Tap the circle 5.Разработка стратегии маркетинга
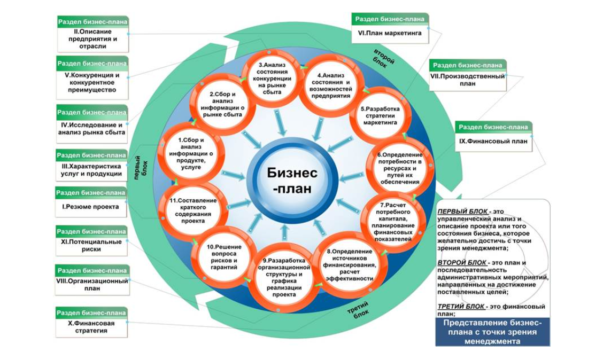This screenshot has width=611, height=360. [x=380, y=115]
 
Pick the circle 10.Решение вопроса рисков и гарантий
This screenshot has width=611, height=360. [x=223, y=257]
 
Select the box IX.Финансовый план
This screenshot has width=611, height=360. [x=493, y=136]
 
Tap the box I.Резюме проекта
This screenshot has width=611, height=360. [x=91, y=202]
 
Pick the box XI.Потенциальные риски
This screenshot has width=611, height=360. [x=91, y=241]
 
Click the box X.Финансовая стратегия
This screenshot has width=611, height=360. [x=91, y=323]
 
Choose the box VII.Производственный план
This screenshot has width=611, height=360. [x=468, y=75]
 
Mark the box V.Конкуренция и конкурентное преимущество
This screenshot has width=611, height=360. [x=92, y=77]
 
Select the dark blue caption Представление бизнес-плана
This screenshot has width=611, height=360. [x=492, y=332]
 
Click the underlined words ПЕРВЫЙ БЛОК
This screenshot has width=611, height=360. [x=462, y=212]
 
